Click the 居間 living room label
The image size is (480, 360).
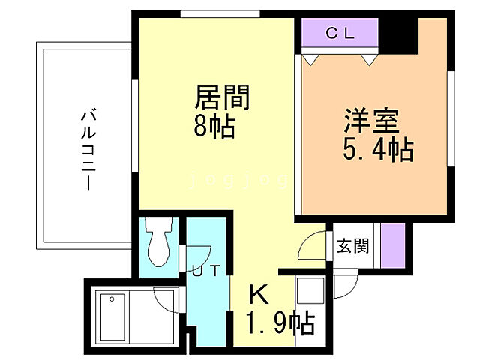coord(222,98)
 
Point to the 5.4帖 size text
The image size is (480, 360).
coord(378,149)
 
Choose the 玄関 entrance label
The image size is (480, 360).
coord(352,245)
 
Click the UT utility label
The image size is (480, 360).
coord(205,271)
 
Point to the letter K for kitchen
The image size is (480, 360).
coord(257,293)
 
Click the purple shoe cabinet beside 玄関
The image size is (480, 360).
coord(393,245)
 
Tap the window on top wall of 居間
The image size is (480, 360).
coord(220,13)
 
